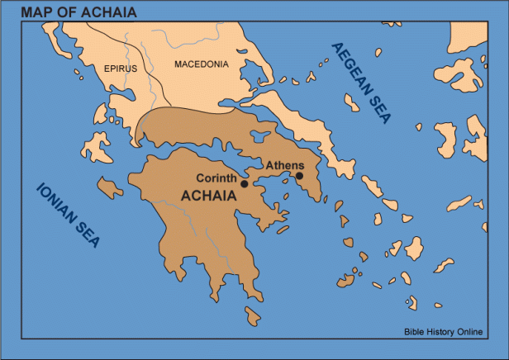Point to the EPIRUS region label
click(x=120, y=69)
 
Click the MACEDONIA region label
click(x=200, y=64)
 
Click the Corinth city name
click(x=216, y=178)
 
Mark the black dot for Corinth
click(x=244, y=183)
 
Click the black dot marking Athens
click(x=299, y=175)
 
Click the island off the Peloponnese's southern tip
click(x=251, y=315)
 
